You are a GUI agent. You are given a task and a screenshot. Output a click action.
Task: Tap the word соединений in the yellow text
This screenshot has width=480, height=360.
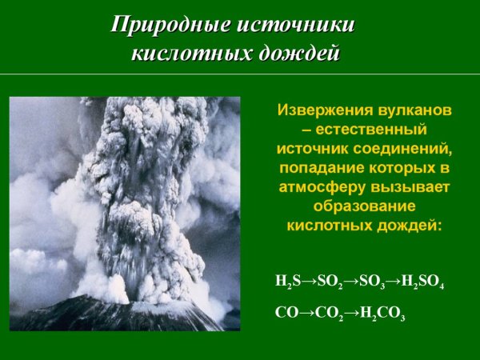[x=407, y=148]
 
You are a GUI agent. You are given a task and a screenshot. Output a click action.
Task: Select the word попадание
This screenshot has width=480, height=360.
[x=320, y=167]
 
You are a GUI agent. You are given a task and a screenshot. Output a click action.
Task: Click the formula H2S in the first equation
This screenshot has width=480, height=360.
[x=285, y=283]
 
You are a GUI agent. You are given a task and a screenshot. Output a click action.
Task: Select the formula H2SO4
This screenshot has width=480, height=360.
[x=422, y=283]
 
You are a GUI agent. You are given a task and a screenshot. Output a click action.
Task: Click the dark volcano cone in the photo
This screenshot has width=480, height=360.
[x=120, y=316]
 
